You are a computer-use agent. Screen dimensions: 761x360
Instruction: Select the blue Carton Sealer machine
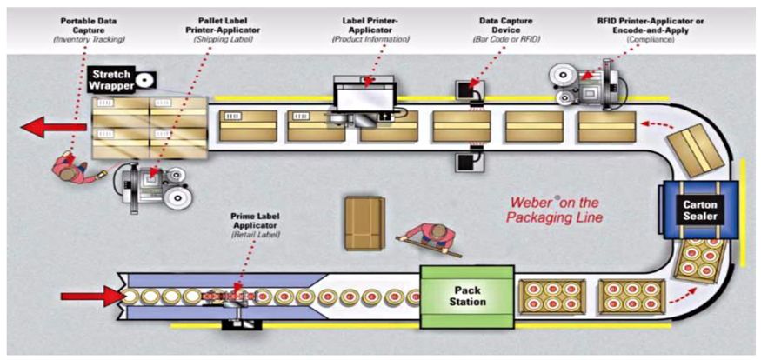[700, 210]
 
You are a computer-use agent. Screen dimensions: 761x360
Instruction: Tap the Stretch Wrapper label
[112, 80]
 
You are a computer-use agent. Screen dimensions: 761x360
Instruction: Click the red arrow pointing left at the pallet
[53, 127]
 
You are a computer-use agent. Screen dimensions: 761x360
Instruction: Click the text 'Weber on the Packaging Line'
[554, 210]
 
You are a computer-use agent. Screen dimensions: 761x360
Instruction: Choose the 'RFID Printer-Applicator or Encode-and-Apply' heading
[651, 26]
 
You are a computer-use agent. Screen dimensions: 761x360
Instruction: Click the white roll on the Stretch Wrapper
[145, 81]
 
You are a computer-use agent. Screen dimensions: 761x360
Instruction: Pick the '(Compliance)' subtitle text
[651, 39]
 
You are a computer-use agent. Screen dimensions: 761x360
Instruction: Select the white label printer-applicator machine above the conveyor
[367, 98]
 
